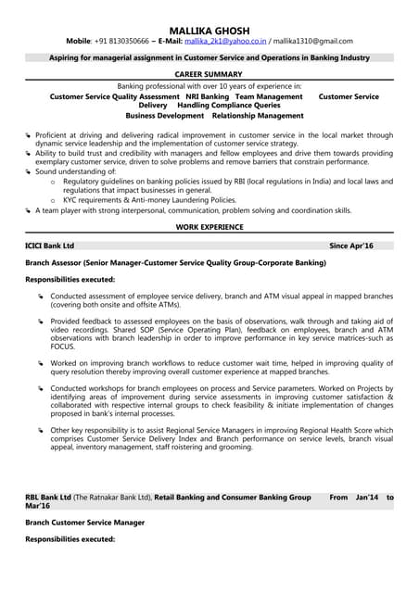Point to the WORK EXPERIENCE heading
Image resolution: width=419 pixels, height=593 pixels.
coord(209,226)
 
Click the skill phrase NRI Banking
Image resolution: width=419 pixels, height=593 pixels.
coord(207,96)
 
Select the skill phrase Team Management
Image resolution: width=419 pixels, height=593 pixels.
coord(269,96)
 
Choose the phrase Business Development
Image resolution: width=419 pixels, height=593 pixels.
coord(164,116)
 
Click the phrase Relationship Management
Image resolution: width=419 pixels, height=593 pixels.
coord(258,116)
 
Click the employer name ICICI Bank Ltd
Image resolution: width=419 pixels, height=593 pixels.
coord(50,246)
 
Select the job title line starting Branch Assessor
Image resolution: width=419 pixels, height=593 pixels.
coord(175,263)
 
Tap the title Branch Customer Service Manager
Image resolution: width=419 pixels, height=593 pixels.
coord(85,523)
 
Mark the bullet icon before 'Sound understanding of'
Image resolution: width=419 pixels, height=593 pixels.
coord(29,172)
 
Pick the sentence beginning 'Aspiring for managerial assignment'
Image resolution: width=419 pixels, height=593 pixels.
coord(209,57)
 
